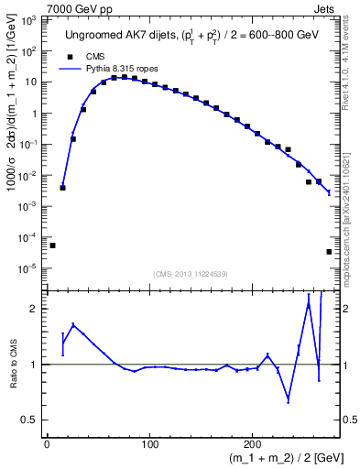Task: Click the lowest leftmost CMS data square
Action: click(52, 245)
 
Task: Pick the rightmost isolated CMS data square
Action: click(329, 252)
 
